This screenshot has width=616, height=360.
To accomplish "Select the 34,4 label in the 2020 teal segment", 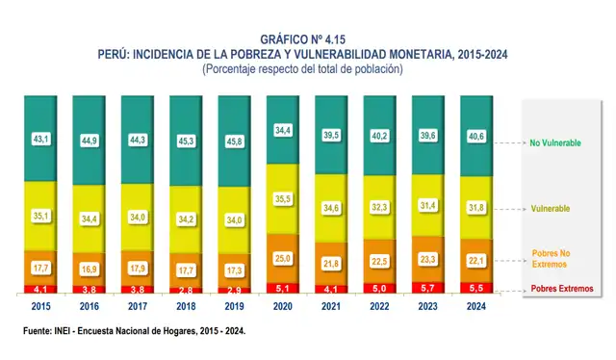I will click(x=283, y=129).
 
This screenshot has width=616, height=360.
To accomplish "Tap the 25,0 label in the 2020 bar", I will click(x=283, y=258).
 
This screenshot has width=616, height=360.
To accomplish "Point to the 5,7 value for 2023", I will click(x=428, y=288).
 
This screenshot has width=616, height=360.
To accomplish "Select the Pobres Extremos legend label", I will click(x=562, y=289).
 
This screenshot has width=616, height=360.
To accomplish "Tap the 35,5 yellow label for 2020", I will click(x=283, y=200).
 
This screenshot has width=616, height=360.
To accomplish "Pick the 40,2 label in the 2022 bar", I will click(x=379, y=136).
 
